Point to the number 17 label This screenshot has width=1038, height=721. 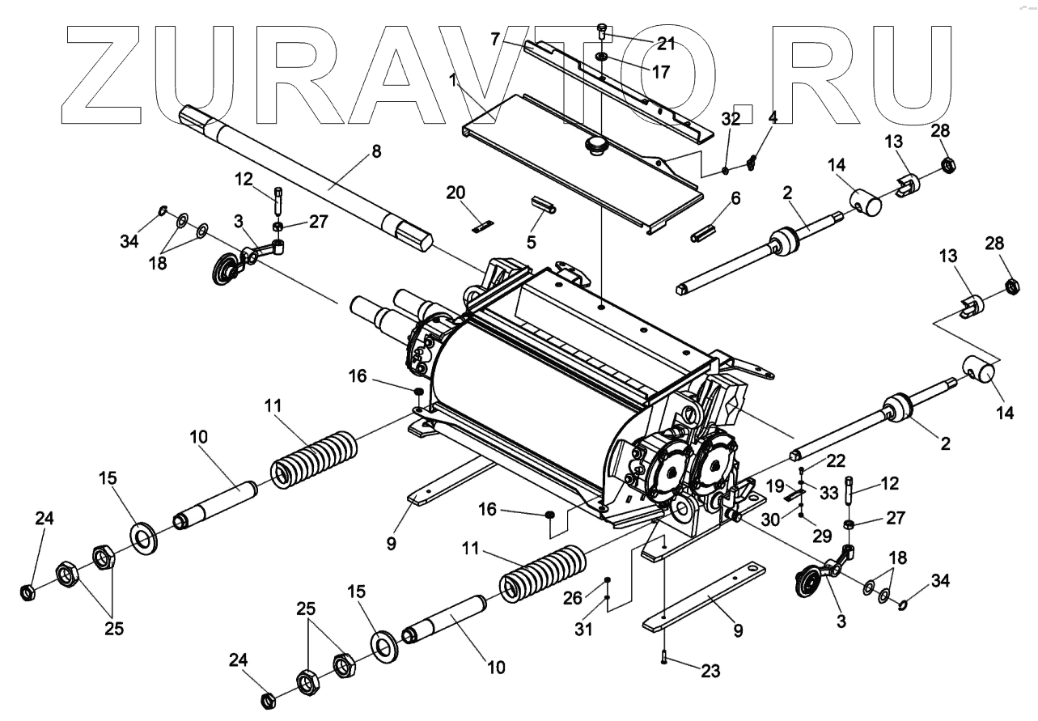tap(660, 72)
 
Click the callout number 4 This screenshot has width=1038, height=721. tap(773, 117)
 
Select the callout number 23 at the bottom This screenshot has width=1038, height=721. tap(709, 671)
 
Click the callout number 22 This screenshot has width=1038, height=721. tap(836, 461)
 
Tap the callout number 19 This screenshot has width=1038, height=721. tap(774, 486)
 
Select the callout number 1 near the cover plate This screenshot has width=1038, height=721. tap(455, 82)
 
